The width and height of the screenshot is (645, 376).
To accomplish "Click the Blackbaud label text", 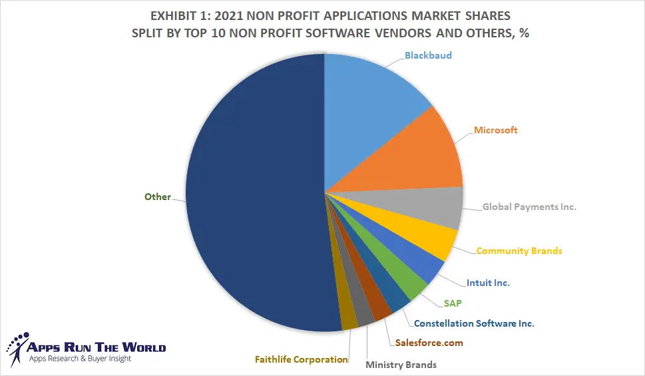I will click(x=428, y=55).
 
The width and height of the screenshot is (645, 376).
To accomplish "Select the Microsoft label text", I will click(x=495, y=130).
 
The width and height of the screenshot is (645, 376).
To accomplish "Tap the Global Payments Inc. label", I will click(x=529, y=207).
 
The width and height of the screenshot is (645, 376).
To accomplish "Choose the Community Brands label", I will click(x=519, y=251).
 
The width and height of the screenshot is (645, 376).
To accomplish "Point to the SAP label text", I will click(x=453, y=303).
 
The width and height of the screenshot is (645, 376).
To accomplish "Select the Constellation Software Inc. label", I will click(x=474, y=324).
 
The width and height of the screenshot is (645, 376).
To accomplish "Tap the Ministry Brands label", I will click(x=401, y=365).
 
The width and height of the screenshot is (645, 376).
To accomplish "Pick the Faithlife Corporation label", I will click(x=302, y=359).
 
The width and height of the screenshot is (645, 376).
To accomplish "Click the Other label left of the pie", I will click(x=158, y=197).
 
